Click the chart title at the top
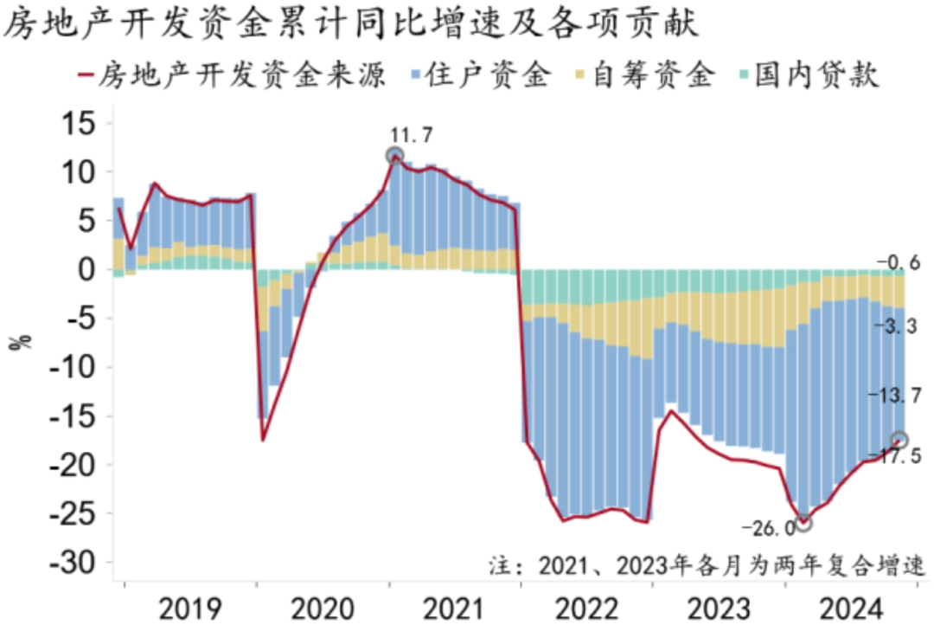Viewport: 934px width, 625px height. point(350,24)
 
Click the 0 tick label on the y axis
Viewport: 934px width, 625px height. point(93,270)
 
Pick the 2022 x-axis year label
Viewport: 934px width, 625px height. point(588,604)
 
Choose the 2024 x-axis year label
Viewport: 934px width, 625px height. point(853,604)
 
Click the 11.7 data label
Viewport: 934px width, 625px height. point(412,135)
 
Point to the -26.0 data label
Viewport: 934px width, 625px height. point(768,527)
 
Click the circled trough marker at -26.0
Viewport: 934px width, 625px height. point(803,523)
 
